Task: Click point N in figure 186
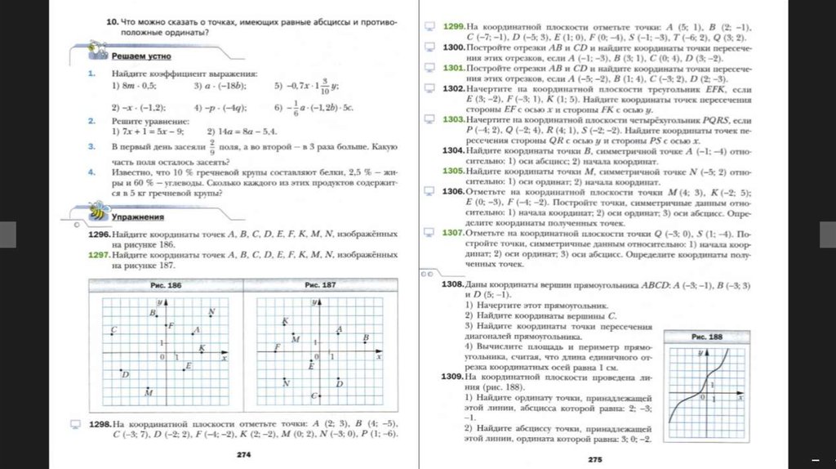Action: (x=211, y=312)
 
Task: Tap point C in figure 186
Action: (x=113, y=329)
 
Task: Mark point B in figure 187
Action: (x=366, y=338)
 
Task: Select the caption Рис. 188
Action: (x=706, y=337)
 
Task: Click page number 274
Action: (x=242, y=453)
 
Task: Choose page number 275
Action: (x=594, y=460)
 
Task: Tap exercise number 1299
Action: (x=454, y=27)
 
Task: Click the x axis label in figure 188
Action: (x=739, y=393)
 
